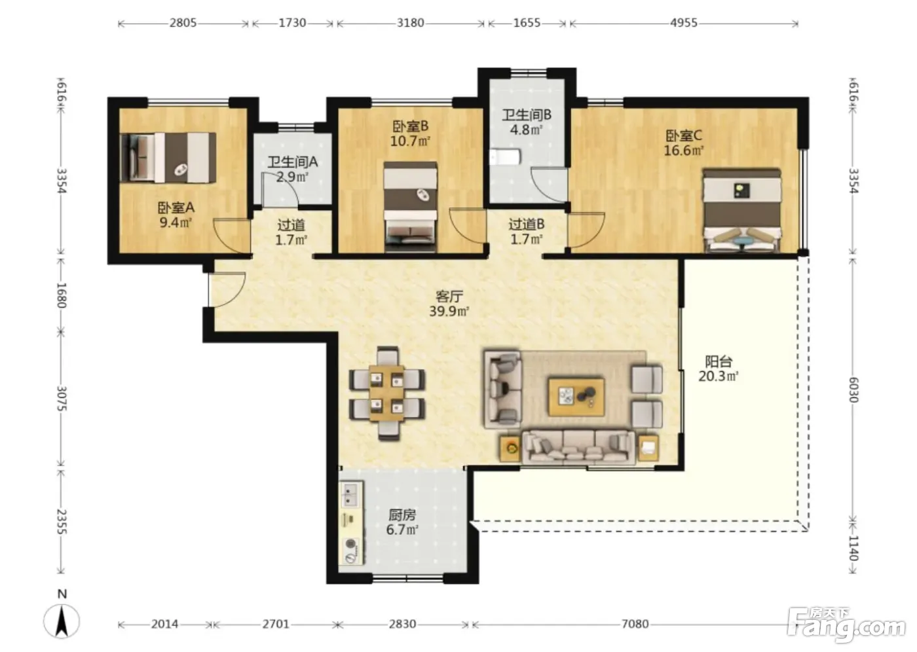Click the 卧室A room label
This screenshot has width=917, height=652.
coord(176,208)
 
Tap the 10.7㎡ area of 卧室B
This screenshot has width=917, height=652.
coord(410,141)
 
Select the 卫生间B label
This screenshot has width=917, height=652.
coord(527,115)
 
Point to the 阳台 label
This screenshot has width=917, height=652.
coord(719,361)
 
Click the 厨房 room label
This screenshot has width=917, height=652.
coord(402,515)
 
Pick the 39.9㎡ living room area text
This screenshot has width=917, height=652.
coord(449,312)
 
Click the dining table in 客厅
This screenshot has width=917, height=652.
coord(387,393)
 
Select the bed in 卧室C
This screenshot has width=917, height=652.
coord(741,210)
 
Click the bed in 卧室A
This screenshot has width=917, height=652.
coord(168,158)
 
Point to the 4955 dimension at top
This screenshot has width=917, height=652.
coord(684,23)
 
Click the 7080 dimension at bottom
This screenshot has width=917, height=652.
coord(635,624)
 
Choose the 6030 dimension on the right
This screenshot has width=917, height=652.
coord(853,389)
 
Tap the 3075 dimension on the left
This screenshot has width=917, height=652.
coord(62,399)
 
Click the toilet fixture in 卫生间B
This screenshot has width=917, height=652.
coord(505,157)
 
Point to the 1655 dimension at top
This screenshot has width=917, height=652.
coord(527,23)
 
